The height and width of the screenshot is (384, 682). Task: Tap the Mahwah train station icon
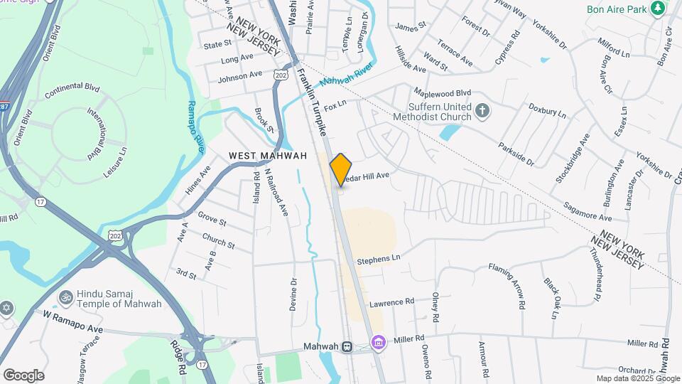(347, 347)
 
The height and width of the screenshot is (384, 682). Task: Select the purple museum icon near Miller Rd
(378, 344)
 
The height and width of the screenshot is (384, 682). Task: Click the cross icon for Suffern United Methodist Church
(483, 111)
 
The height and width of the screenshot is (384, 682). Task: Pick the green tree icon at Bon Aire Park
(659, 9)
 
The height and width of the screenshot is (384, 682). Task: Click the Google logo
(23, 375)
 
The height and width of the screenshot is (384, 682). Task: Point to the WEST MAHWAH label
(268, 156)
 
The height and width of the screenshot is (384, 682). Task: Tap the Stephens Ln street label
(379, 260)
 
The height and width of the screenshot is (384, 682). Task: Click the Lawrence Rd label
(391, 302)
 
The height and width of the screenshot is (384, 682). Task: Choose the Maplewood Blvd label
(443, 93)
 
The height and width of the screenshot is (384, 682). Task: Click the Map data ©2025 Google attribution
(637, 378)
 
